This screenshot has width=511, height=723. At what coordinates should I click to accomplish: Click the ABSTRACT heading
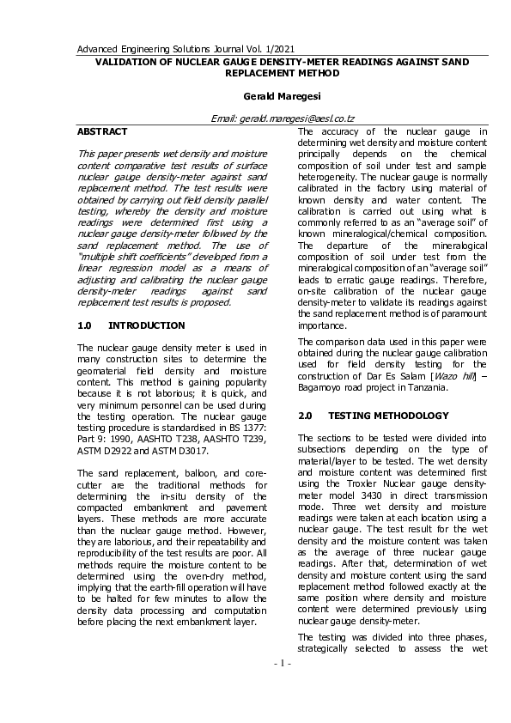pyautogui.click(x=102, y=131)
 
